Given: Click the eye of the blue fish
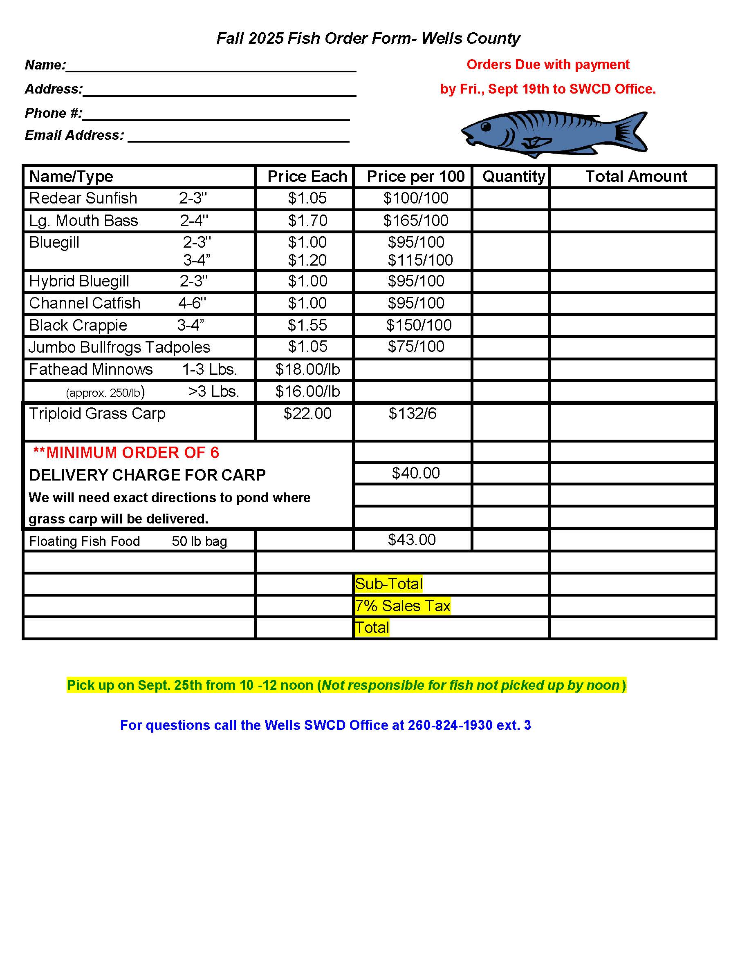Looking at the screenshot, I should click(486, 127).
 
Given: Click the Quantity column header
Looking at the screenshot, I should click(514, 177).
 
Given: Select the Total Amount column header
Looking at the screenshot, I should click(636, 177).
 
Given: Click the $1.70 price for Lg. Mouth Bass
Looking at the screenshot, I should click(307, 220).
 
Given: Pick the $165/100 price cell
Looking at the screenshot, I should click(416, 220).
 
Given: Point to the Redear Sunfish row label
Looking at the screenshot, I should click(83, 199).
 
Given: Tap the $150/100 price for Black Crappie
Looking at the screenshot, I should click(419, 325).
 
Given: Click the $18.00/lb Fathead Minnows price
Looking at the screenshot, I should click(307, 369).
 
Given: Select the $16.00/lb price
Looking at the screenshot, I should click(307, 391).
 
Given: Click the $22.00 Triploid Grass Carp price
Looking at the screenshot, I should click(307, 413).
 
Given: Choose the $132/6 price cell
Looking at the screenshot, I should click(413, 413).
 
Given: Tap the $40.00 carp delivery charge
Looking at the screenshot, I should click(416, 473).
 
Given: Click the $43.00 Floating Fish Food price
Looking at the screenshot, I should click(412, 539).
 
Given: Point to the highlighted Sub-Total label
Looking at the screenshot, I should click(388, 584).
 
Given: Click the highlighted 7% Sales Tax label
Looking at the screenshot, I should click(402, 606).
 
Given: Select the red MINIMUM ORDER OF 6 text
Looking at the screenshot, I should click(126, 453).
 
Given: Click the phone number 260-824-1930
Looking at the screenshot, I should click(450, 725).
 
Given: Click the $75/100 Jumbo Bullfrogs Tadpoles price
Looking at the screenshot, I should click(416, 347).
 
